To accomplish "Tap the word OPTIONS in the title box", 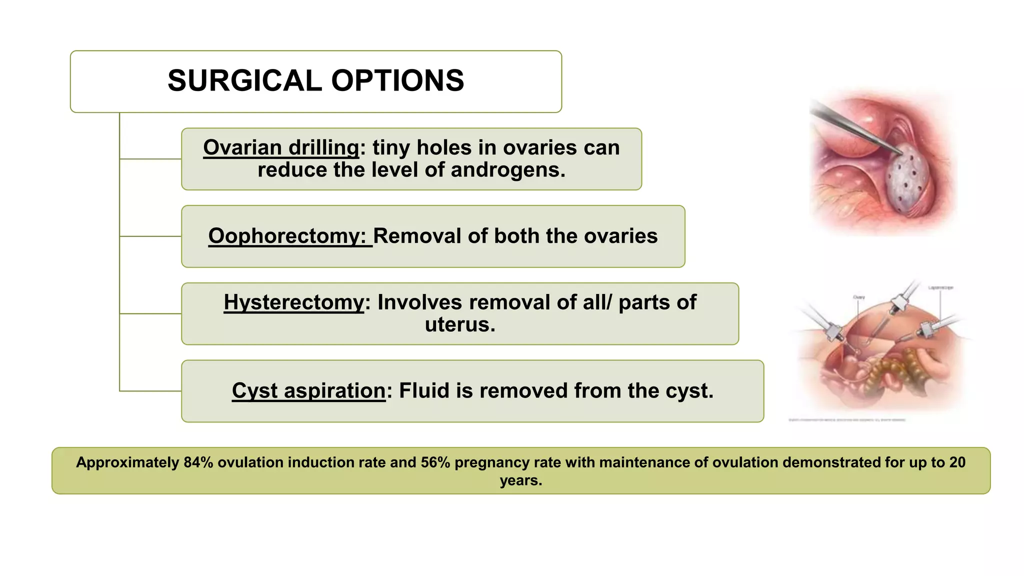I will pos(397,80).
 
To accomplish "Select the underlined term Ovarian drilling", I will pos(281,147).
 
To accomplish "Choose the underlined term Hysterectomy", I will pos(294,302).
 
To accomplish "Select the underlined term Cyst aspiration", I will pos(308,390).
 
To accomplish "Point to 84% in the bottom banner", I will pos(198,462).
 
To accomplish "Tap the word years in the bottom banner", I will pos(520,480).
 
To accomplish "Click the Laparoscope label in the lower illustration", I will pos(940,288).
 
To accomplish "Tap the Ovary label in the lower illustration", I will pos(858,297).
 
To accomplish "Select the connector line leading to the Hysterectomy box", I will pos(150,313).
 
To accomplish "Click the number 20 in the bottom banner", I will pos(957,462).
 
